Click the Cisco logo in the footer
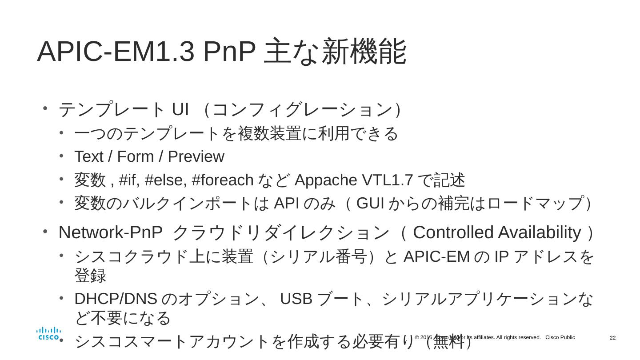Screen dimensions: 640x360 (x=48, y=333)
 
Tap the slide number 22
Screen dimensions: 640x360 (x=612, y=338)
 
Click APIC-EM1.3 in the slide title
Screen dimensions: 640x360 (x=116, y=52)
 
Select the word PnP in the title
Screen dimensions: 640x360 (x=229, y=52)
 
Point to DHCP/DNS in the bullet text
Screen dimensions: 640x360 (x=116, y=299)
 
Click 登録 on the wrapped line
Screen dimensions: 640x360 (x=90, y=276)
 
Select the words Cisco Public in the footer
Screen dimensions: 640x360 (x=560, y=338)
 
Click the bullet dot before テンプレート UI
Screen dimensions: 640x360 (x=45, y=108)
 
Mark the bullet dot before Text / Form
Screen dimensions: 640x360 (x=61, y=156)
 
